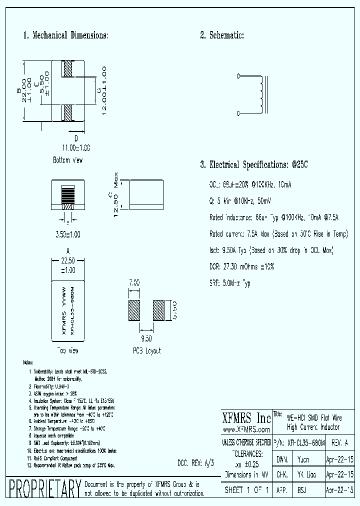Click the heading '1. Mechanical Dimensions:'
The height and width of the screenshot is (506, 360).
(65, 35)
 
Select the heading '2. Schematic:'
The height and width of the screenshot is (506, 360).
(221, 35)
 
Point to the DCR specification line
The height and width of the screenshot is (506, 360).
(241, 267)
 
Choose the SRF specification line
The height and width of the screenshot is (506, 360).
(230, 283)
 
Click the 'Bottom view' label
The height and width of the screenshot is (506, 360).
(67, 160)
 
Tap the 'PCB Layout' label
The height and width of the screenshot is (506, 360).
(146, 351)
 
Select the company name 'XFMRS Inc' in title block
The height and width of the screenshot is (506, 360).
(245, 418)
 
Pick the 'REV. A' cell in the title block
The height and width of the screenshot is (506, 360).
(339, 443)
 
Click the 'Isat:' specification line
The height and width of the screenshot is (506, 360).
(271, 250)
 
